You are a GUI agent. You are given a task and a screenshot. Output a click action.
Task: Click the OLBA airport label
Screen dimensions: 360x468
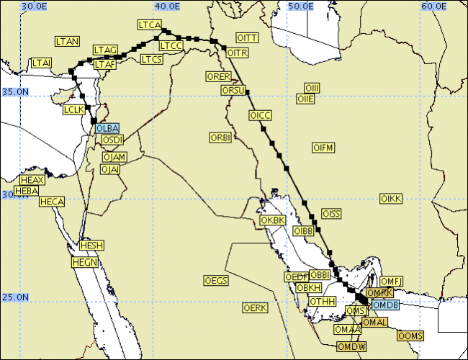pyautogui.click(x=107, y=128)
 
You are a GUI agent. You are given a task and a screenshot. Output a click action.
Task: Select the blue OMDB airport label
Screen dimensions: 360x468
pyautogui.click(x=384, y=305)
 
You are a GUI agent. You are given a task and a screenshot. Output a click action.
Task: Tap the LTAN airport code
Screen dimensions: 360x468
pyautogui.click(x=68, y=41)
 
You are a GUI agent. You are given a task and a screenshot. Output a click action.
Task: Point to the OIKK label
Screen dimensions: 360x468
pyautogui.click(x=391, y=198)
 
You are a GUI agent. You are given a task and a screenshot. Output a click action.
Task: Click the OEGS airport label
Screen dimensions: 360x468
pyautogui.click(x=216, y=280)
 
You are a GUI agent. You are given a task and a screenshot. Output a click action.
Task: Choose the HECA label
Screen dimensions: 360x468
pyautogui.click(x=52, y=202)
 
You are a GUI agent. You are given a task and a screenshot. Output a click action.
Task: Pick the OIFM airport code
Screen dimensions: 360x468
pyautogui.click(x=324, y=148)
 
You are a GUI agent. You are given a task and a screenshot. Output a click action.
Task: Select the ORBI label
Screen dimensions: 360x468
pyautogui.click(x=220, y=137)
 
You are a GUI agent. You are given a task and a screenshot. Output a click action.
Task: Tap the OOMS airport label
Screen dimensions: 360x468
pyautogui.click(x=410, y=336)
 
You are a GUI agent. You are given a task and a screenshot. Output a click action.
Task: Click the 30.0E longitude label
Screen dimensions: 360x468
pyautogui.click(x=35, y=6)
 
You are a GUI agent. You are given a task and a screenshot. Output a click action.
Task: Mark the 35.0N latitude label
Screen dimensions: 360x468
pyautogui.click(x=15, y=92)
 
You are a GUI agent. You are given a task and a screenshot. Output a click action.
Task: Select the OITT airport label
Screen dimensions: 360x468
pyautogui.click(x=247, y=37)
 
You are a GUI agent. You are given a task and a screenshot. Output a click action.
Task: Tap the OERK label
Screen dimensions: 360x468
pyautogui.click(x=256, y=307)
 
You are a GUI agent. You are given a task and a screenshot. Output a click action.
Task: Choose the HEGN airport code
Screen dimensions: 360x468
pyautogui.click(x=85, y=263)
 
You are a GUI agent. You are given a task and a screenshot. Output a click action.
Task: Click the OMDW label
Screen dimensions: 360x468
pyautogui.click(x=352, y=347)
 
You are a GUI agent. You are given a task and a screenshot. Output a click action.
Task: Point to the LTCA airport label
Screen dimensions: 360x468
pyautogui.click(x=149, y=25)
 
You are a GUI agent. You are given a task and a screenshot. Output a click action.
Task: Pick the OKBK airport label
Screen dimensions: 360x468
pyautogui.click(x=273, y=220)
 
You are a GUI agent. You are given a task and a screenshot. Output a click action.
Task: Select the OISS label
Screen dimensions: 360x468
pyautogui.click(x=332, y=214)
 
